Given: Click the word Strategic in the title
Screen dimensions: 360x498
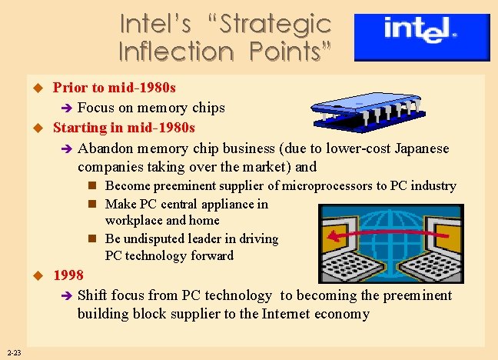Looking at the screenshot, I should (275, 24).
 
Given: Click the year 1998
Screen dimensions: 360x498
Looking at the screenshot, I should (68, 276).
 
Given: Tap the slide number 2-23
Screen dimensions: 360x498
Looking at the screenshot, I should (12, 353).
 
